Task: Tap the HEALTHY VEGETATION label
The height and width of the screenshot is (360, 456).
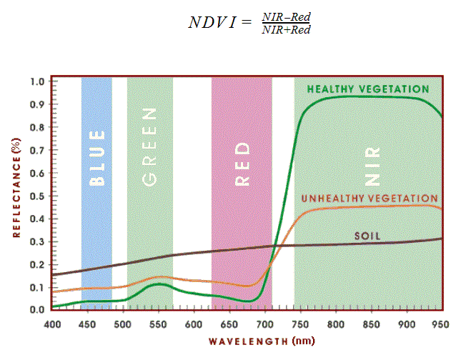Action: tap(367, 89)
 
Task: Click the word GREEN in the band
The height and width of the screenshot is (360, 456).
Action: tap(149, 147)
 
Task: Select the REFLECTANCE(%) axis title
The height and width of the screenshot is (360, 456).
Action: tap(16, 187)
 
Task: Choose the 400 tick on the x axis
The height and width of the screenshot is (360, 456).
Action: tap(51, 324)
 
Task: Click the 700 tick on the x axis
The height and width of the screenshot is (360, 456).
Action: tap(264, 324)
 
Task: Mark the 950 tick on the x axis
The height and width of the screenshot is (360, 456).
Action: tap(441, 324)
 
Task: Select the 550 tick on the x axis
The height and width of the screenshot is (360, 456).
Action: tap(158, 324)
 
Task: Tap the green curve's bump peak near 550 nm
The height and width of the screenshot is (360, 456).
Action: tap(161, 284)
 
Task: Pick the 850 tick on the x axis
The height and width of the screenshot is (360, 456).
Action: tap(370, 324)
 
